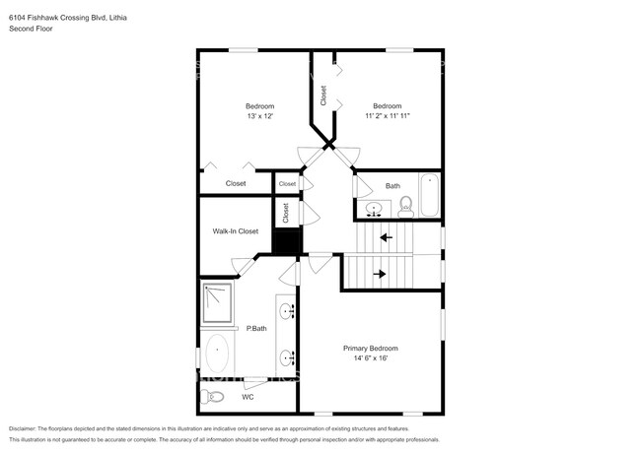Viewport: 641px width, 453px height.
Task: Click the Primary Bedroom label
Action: pos(370,349)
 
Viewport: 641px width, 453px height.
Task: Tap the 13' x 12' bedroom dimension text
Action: pos(259,116)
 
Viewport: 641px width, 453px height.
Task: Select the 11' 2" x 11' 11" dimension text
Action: pos(387,116)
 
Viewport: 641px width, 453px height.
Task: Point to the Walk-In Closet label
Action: pos(235,231)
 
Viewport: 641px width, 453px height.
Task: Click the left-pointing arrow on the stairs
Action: pos(386,237)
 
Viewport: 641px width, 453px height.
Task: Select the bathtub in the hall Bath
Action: pos(429,195)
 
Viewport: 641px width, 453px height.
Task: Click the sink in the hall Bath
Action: pos(374,209)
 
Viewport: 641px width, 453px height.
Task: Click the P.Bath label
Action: pos(256,328)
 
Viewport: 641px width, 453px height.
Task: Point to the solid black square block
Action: pos(285,241)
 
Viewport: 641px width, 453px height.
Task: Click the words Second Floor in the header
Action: pos(31,29)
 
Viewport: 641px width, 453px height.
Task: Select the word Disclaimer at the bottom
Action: pos(26,429)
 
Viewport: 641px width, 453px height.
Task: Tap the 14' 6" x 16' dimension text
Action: pos(370,359)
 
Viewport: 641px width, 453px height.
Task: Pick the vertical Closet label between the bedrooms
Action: pos(323,96)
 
